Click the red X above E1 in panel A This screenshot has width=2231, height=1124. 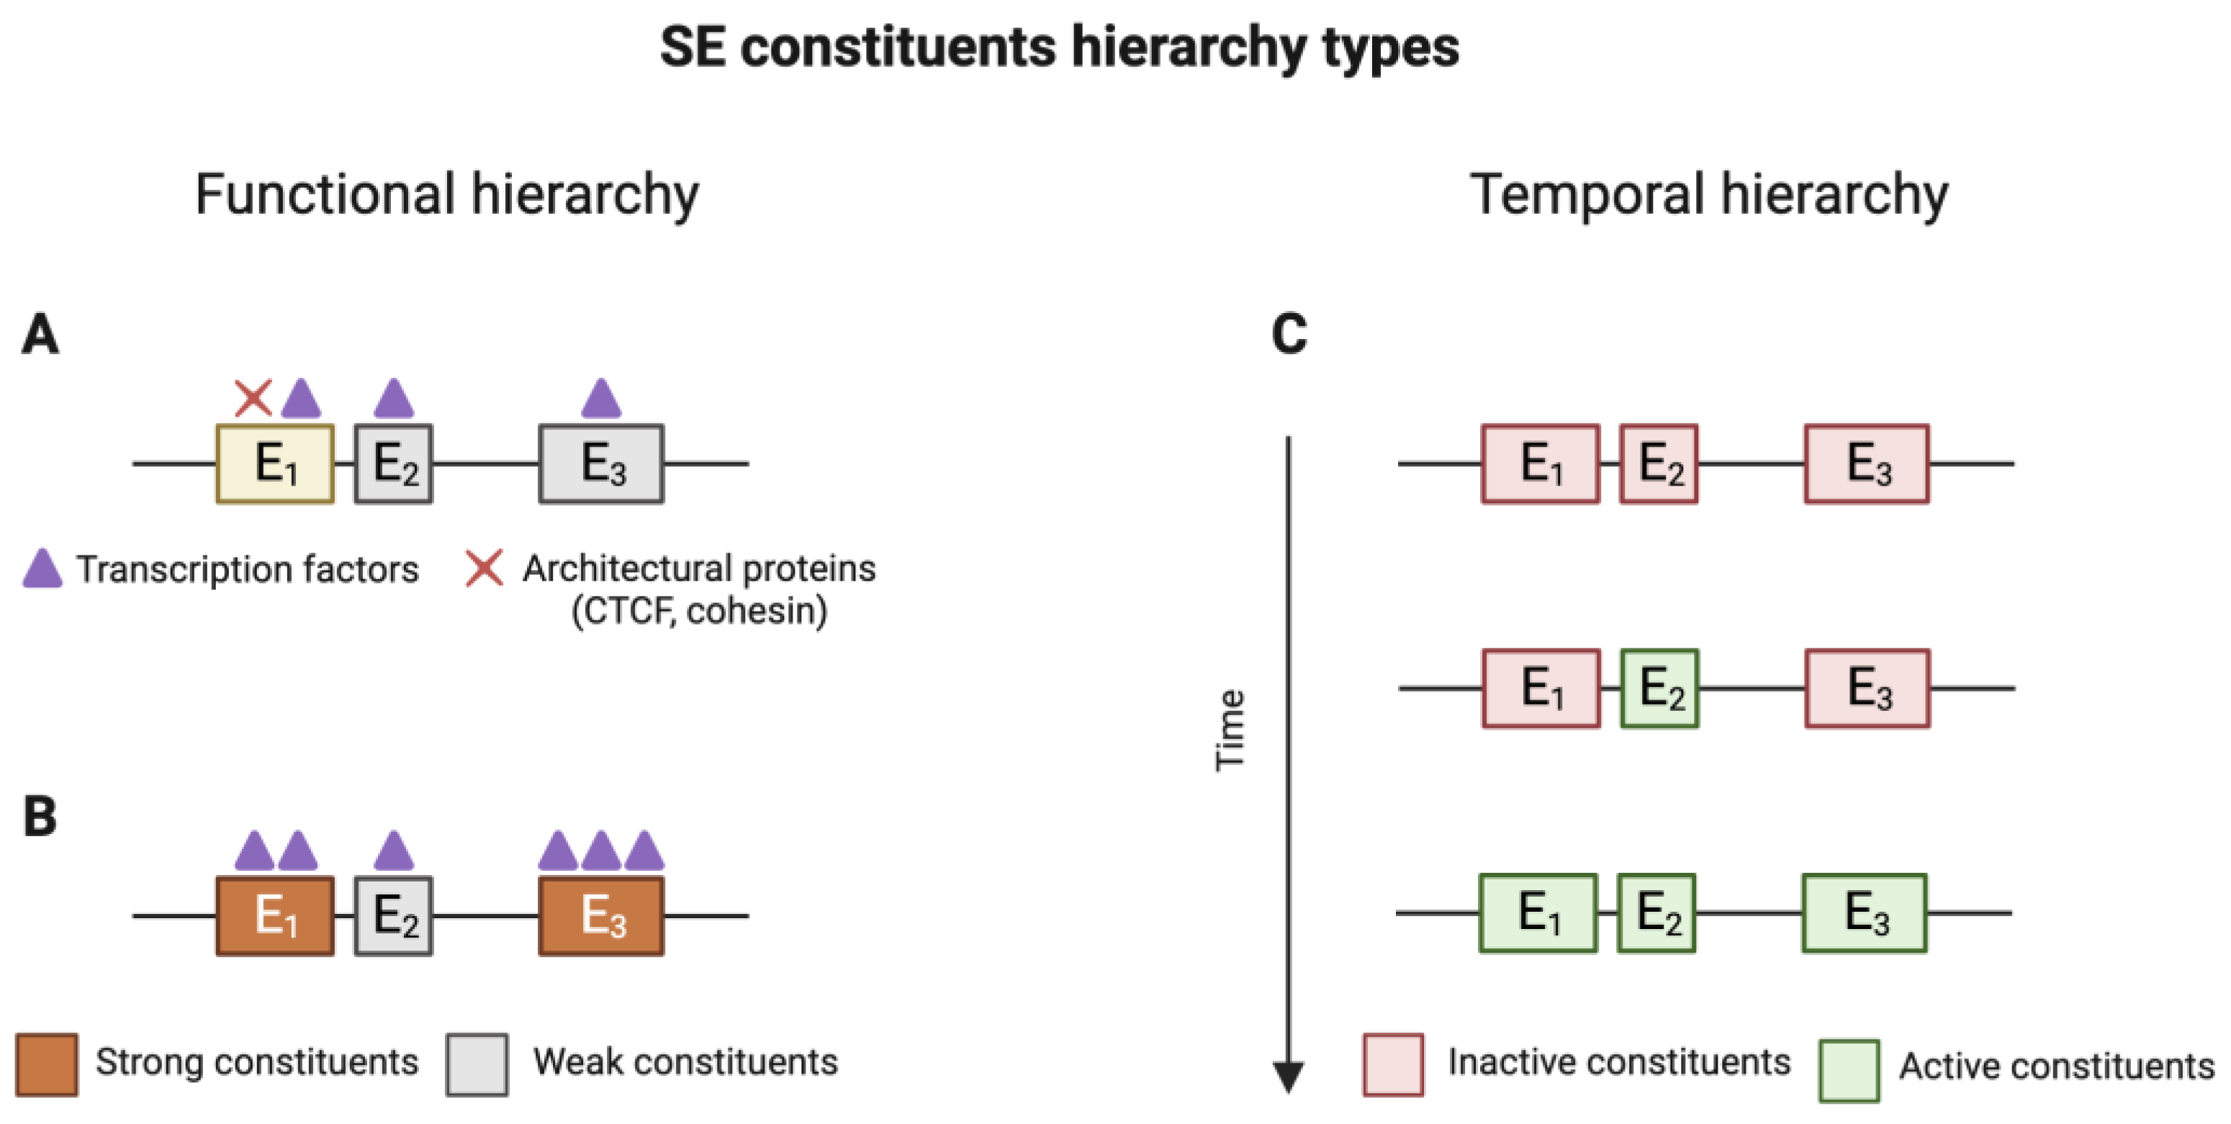(253, 399)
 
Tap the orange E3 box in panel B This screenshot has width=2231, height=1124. (601, 915)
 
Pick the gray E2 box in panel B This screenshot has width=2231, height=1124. (393, 915)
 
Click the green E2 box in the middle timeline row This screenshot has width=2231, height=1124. (1659, 689)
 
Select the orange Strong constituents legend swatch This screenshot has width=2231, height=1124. (47, 1064)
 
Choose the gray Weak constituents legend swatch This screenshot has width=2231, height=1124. (477, 1064)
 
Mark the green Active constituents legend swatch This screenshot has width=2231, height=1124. (1849, 1069)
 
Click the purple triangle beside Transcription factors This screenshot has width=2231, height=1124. (42, 569)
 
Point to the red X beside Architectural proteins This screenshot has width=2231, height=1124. (484, 569)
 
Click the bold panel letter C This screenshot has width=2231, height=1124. (1289, 335)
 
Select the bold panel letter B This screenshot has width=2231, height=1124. (40, 817)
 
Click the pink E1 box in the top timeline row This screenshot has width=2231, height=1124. (1540, 463)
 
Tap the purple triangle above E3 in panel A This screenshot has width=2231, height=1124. (601, 399)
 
